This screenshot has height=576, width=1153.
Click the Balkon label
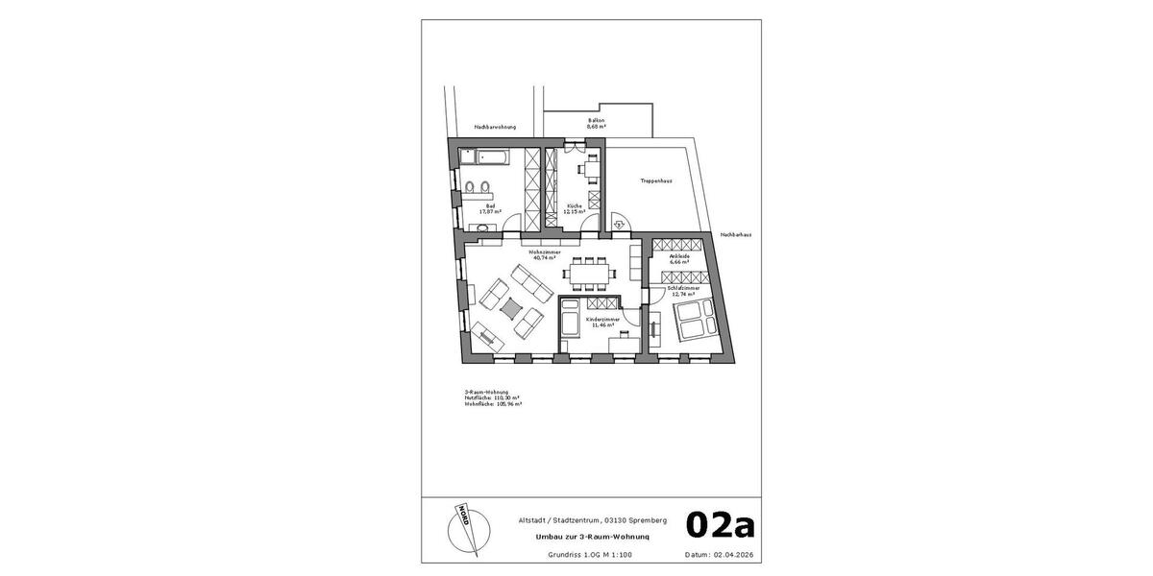(596, 120)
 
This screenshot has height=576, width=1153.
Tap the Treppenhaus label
(655, 180)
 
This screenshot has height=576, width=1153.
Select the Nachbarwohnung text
(495, 127)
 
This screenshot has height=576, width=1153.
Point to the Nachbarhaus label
(736, 234)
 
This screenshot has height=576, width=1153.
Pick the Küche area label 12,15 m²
(575, 211)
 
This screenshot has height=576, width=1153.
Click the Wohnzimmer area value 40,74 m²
(543, 257)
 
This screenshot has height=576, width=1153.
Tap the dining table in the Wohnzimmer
(590, 273)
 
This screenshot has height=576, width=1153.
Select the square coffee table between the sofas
(511, 306)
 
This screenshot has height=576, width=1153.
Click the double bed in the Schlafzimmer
(696, 319)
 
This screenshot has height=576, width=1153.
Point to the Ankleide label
(679, 256)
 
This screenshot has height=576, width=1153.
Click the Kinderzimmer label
(602, 319)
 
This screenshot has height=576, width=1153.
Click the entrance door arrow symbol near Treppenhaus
(620, 224)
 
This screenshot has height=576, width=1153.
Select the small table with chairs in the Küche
(591, 168)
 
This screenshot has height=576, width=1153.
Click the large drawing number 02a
(720, 525)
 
